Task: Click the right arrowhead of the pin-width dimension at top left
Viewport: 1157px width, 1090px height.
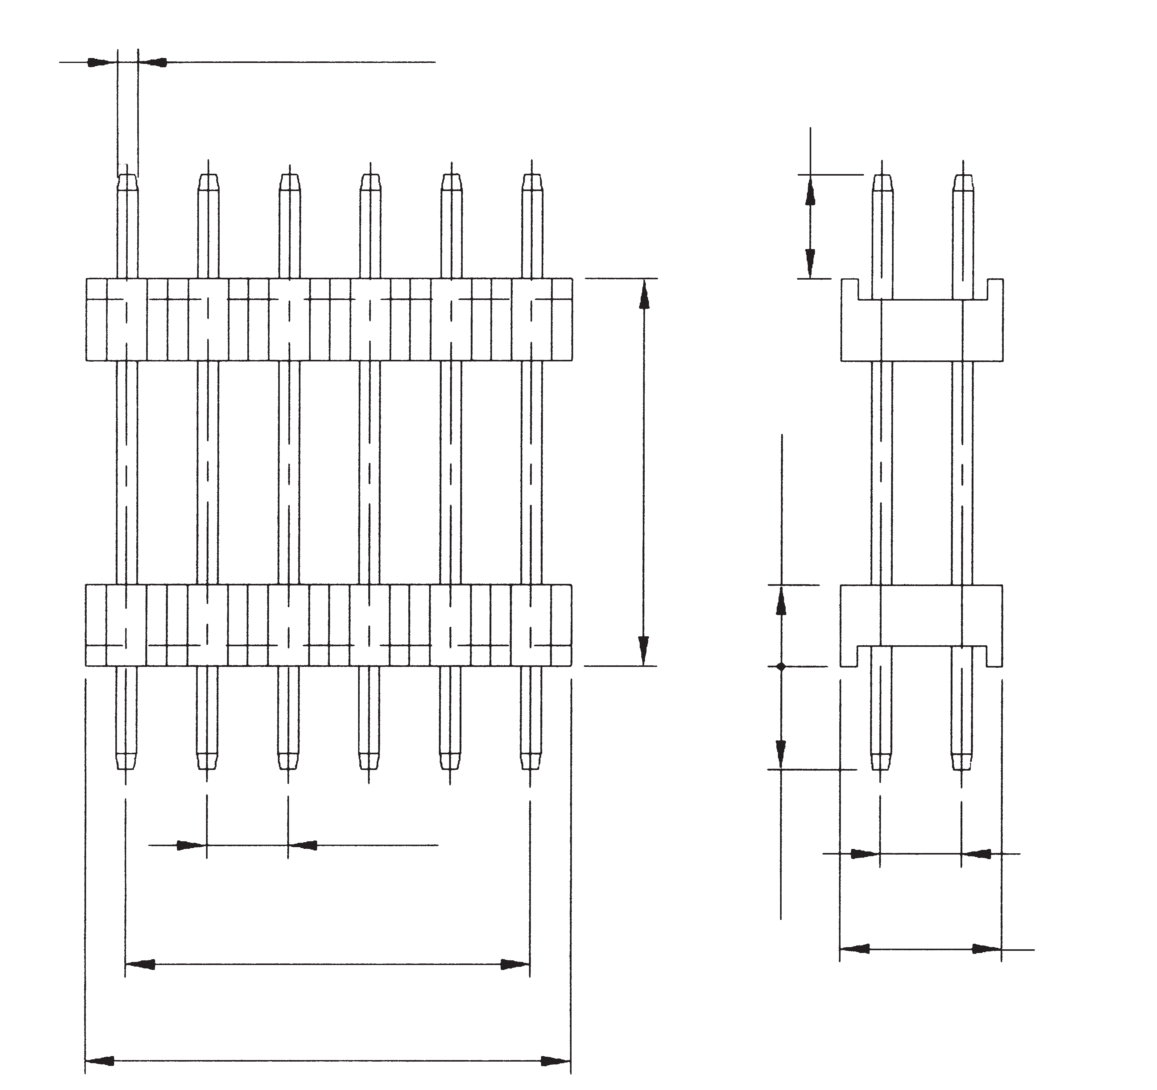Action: [x=152, y=62]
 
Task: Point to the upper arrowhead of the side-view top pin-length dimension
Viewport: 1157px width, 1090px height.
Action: [x=810, y=191]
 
